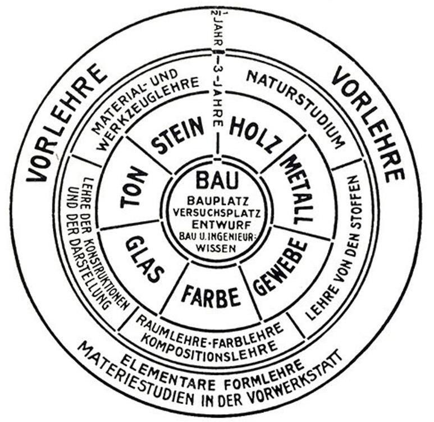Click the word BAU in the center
[217, 180]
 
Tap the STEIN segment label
[179, 135]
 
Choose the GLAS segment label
[144, 260]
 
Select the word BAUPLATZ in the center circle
[217, 199]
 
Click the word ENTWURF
[217, 224]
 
